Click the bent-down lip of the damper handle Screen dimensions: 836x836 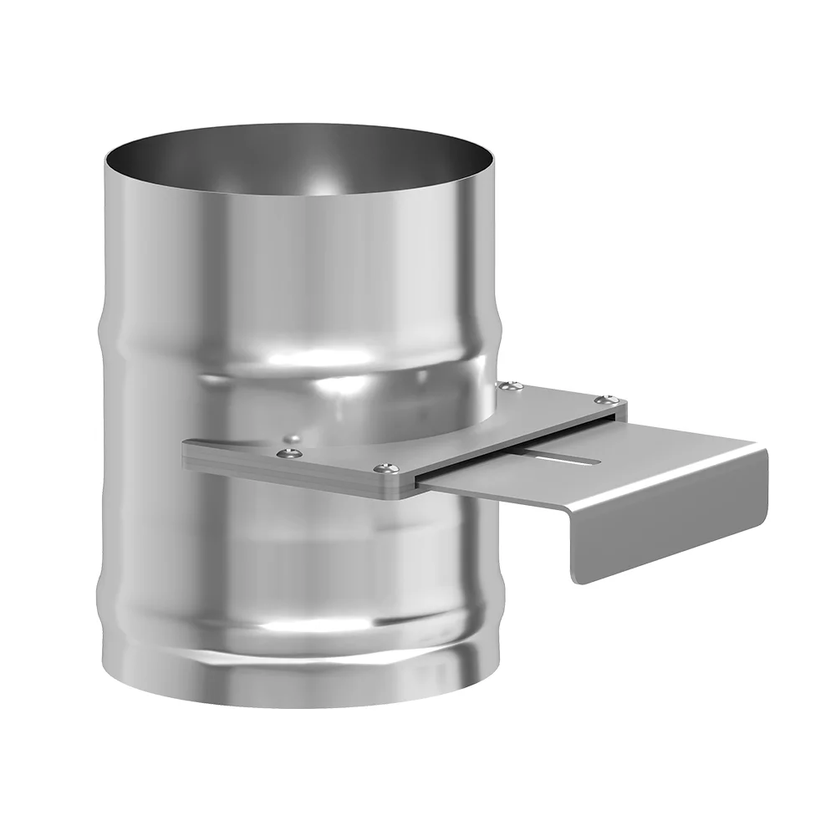click(669, 527)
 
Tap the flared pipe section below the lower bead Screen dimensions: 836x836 click(293, 660)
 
